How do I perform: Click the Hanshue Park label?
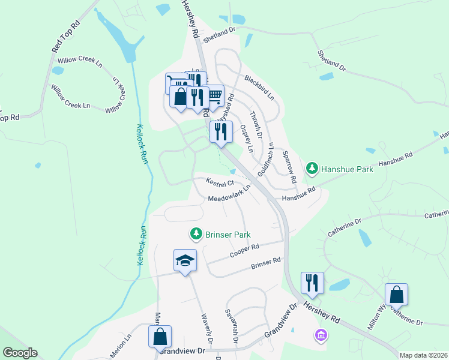click(x=347, y=169)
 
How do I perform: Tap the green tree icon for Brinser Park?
click(x=195, y=233)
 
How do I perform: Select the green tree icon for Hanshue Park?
click(x=312, y=169)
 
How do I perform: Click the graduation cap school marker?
click(x=185, y=260)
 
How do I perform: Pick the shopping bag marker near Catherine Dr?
click(x=396, y=295)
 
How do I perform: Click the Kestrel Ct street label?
click(x=219, y=182)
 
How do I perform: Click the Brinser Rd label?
click(x=266, y=263)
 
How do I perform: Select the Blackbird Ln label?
click(x=259, y=88)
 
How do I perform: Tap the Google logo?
click(x=20, y=353)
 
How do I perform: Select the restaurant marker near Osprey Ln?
click(x=221, y=132)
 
